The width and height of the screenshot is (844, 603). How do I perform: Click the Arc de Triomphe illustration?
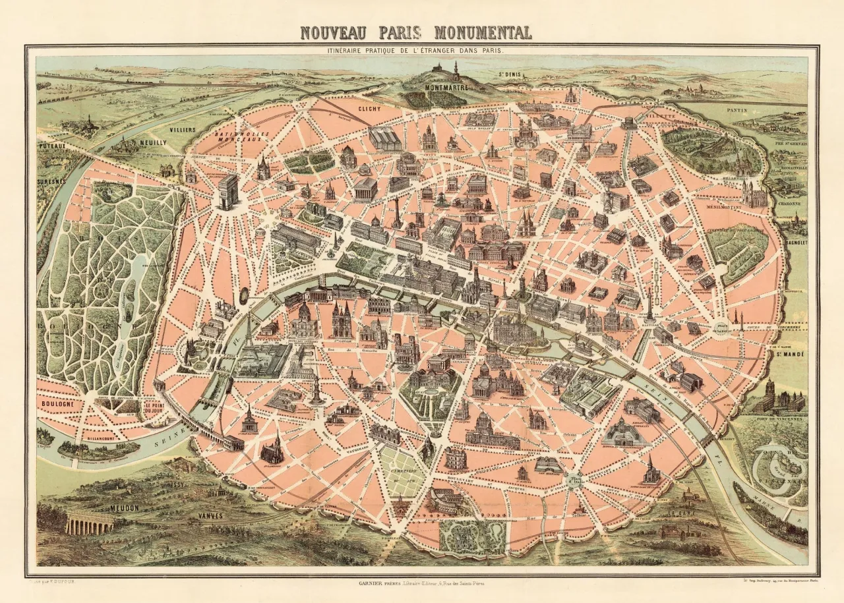[227, 191]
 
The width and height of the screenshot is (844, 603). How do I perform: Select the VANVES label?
[210, 516]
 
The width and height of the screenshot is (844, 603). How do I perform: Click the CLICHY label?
[371, 109]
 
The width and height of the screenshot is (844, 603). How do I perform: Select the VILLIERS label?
[182, 130]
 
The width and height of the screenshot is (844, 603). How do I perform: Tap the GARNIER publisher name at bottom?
[373, 582]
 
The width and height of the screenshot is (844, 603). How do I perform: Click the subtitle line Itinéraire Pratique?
[422, 50]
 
